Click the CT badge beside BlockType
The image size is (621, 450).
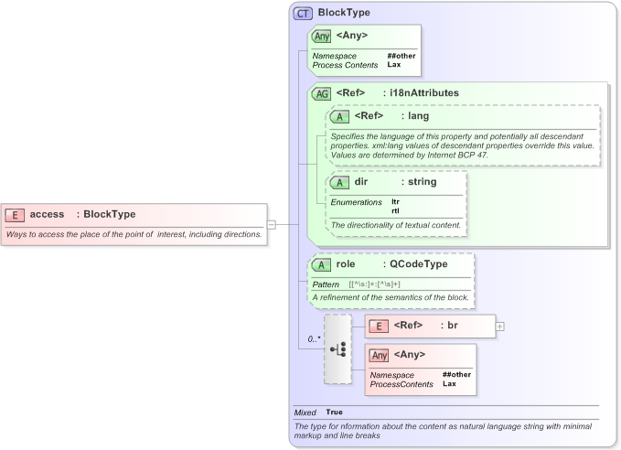[x=303, y=14]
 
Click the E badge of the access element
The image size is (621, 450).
[x=16, y=214]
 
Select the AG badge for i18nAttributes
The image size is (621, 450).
[x=321, y=93]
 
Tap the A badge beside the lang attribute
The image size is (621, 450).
[x=339, y=116]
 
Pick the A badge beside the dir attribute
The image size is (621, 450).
[x=339, y=182]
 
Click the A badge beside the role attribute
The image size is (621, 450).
[x=321, y=264]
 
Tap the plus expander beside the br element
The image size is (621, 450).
[x=500, y=326]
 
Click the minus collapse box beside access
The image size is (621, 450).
[x=272, y=223]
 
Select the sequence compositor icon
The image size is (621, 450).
[x=337, y=349]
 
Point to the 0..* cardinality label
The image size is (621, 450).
[x=313, y=339]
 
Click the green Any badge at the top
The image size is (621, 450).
[x=321, y=36]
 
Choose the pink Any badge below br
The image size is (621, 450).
[x=380, y=355]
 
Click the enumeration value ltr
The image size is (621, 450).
[x=395, y=201]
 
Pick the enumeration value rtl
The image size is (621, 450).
[x=395, y=210]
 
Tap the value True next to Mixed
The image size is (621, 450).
[x=335, y=412]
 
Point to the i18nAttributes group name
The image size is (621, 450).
[x=424, y=93]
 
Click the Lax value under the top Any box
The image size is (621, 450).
[x=393, y=65]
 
